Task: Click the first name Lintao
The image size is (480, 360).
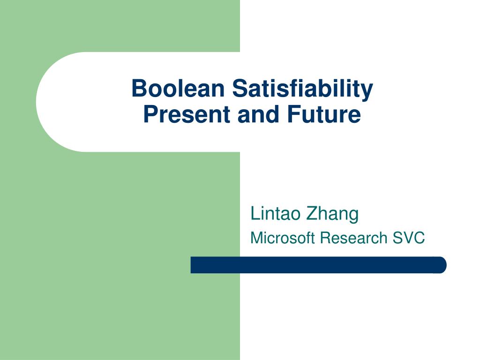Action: (275, 214)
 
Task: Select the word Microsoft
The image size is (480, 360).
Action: (283, 238)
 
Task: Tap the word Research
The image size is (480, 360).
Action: (353, 238)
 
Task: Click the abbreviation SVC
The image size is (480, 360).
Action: (409, 238)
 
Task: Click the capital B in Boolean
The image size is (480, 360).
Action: (137, 89)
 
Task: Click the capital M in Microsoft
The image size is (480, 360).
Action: (256, 238)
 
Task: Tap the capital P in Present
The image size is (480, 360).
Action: (149, 114)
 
